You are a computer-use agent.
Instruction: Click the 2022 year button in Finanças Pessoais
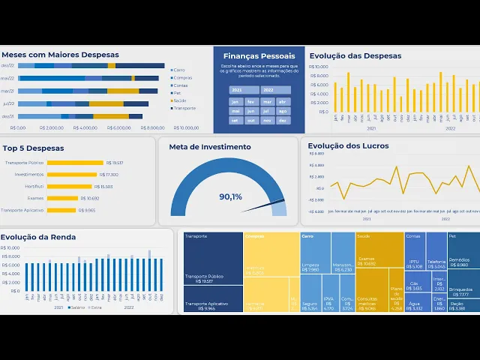[x=268, y=90]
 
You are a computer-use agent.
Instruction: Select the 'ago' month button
[x=251, y=111]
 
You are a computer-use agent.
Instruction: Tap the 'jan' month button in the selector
[x=235, y=102]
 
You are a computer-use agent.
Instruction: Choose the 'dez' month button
[x=283, y=120]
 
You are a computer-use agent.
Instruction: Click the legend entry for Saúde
[x=180, y=100]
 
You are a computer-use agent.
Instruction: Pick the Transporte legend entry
[x=183, y=108]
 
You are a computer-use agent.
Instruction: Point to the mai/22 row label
[x=7, y=78]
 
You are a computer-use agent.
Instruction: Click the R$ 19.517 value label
[x=115, y=163]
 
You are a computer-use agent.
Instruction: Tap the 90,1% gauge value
[x=230, y=196]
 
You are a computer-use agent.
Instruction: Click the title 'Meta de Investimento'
[x=210, y=147]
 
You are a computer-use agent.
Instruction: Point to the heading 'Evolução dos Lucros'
[x=348, y=145]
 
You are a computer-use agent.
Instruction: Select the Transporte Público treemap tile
[x=213, y=258]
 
